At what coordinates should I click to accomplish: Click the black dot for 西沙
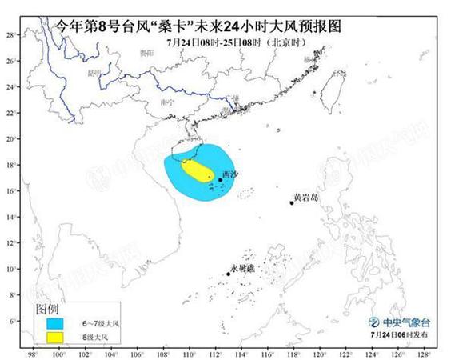click(220, 180)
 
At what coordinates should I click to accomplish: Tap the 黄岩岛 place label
click(306, 196)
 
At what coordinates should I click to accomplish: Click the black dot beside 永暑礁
click(229, 274)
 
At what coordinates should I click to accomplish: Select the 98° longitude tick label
click(33, 353)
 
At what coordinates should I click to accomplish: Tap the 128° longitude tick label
click(422, 353)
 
